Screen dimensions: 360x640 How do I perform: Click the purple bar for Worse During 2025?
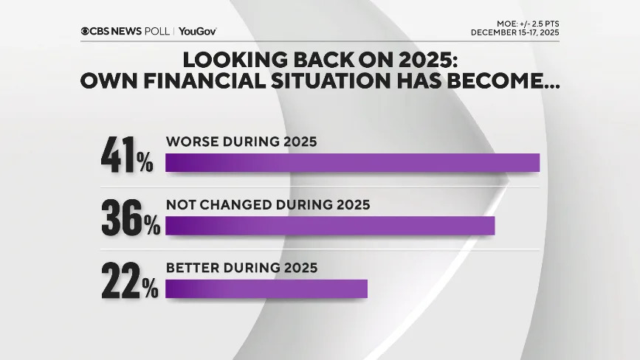352,162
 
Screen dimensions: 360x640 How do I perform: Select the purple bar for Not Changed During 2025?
329,226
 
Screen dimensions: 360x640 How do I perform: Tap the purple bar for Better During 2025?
266,288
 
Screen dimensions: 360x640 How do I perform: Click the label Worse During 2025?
241,142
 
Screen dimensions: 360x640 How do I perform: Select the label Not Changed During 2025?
267,204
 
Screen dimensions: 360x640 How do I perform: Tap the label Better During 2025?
241,268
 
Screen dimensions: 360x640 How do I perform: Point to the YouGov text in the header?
197,31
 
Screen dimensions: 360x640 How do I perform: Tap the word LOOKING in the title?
235,60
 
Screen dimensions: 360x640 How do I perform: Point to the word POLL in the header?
156,31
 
